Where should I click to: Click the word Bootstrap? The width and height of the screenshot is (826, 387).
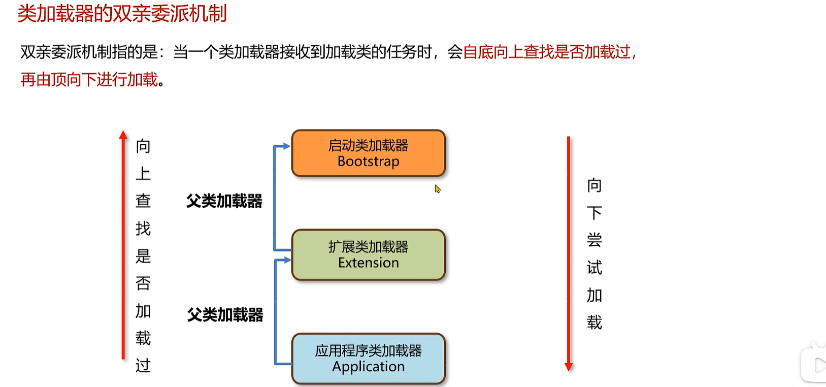(368, 162)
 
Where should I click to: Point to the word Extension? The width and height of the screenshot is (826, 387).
(368, 263)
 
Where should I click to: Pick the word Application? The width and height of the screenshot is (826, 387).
(368, 367)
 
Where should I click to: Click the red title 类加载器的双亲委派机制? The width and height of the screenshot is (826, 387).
(122, 14)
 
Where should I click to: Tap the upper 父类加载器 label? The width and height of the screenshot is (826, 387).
(224, 201)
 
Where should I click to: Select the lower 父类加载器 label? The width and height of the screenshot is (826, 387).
(225, 315)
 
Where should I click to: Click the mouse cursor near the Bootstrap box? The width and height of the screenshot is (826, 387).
(437, 188)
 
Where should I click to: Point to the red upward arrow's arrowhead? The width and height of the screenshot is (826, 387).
(123, 135)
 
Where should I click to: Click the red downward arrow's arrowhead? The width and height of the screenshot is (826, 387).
(569, 366)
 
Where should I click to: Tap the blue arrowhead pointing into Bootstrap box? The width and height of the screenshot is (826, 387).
(287, 146)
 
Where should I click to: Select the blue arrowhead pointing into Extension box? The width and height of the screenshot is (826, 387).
(287, 260)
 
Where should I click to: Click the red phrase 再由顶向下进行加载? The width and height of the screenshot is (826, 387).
(89, 80)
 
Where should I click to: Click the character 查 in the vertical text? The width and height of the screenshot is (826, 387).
(143, 201)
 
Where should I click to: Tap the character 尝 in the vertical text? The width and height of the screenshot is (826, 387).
(594, 240)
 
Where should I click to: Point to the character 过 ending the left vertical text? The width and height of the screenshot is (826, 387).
(143, 365)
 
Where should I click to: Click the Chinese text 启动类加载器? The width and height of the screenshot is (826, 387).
(368, 146)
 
